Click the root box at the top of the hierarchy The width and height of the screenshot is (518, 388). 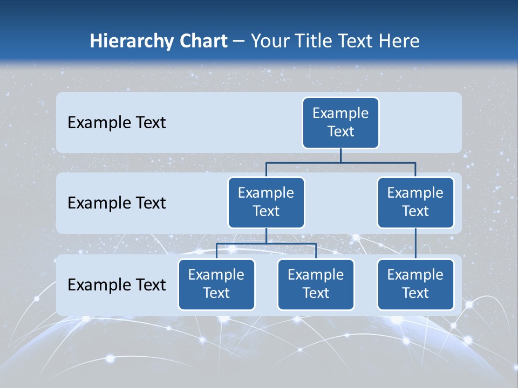click(x=340, y=122)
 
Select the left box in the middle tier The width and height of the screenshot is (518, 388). click(x=266, y=202)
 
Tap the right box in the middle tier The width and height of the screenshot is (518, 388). click(x=415, y=202)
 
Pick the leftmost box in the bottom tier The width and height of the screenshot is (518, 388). click(x=216, y=284)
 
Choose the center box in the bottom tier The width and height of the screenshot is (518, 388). click(x=316, y=284)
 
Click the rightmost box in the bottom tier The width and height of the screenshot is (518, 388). click(x=415, y=284)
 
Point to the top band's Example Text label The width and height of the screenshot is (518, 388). click(x=117, y=123)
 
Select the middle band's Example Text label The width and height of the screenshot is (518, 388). click(x=117, y=203)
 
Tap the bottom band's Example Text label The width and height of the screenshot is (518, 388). click(x=117, y=285)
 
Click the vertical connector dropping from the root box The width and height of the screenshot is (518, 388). click(x=340, y=155)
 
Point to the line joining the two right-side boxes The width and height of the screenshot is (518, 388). click(x=415, y=243)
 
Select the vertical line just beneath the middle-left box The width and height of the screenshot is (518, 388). click(x=266, y=235)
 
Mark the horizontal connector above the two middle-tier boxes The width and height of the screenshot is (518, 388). click(x=340, y=162)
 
